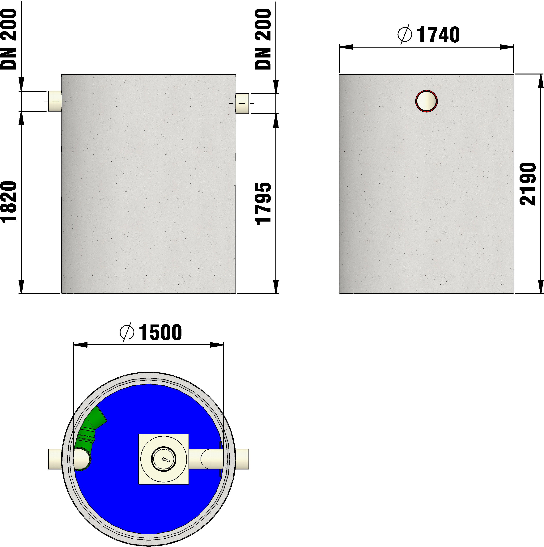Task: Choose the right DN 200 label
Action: pyautogui.click(x=263, y=39)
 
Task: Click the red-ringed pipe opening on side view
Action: pyautogui.click(x=427, y=101)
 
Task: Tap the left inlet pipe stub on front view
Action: pyautogui.click(x=55, y=101)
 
